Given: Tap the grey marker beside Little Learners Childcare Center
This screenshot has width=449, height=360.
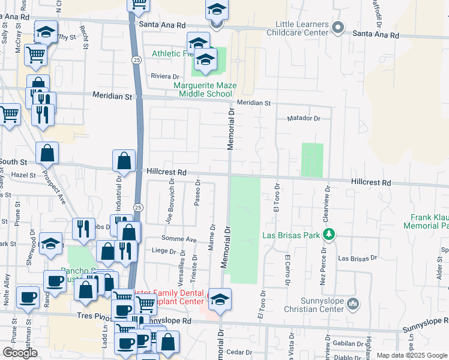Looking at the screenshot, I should click(337, 28).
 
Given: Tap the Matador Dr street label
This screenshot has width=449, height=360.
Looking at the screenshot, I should click(304, 118).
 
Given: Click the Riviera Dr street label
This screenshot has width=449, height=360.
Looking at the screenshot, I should click(165, 77).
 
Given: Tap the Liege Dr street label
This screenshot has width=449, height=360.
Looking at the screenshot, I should click(163, 250).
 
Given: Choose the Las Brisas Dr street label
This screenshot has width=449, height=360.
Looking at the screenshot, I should click(357, 258).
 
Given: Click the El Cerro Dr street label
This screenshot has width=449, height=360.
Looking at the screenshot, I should click(288, 270).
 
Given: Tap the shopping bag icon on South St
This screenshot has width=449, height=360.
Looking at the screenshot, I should click(47, 154).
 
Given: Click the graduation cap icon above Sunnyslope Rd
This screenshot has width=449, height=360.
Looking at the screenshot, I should click(220, 299).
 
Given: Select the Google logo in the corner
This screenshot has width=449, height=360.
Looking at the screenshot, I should click(20, 353).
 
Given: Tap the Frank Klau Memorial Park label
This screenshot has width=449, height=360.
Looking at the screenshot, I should click(430, 221).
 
